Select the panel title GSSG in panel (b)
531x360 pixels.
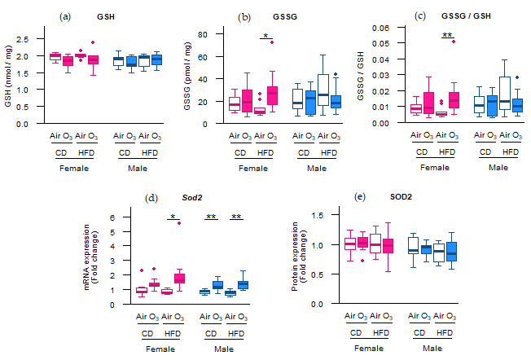(x=275, y=16)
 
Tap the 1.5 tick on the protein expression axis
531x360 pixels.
(x=322, y=215)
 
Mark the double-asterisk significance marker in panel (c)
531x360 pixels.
(x=447, y=35)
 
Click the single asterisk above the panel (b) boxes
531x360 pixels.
(x=265, y=36)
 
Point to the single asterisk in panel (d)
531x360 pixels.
(x=173, y=217)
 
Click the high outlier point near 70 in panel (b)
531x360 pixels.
(x=272, y=42)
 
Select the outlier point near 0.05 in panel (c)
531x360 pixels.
(x=453, y=41)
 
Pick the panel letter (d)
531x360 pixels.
(x=150, y=198)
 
